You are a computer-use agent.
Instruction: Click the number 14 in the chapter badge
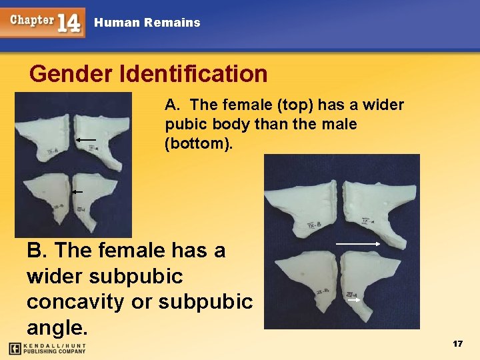tap(69, 23)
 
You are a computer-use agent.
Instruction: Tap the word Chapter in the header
tap(31, 19)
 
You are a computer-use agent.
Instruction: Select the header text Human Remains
tap(147, 23)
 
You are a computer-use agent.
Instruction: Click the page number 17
tap(457, 343)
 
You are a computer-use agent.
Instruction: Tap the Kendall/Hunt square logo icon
tap(14, 348)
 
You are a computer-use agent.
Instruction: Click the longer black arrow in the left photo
tap(85, 140)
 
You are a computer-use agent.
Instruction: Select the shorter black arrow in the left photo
tap(77, 191)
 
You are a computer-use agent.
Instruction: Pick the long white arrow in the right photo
tap(358, 245)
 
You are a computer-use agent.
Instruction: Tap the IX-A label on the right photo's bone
tap(367, 221)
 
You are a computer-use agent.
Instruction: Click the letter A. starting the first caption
tap(171, 105)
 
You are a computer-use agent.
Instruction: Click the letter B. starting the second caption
tap(37, 251)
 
